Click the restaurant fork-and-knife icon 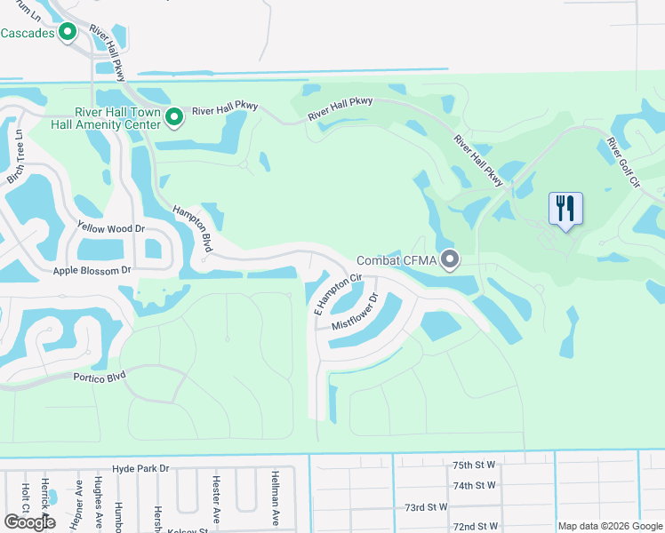[x=565, y=209]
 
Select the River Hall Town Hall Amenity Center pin [x=174, y=116]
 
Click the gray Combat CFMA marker [x=451, y=260]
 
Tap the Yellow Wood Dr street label [x=111, y=228]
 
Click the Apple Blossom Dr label [x=92, y=270]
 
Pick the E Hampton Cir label [x=339, y=294]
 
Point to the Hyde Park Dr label [x=140, y=467]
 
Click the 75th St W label [x=474, y=465]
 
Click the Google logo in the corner [x=29, y=522]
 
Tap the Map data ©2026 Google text [x=610, y=526]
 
